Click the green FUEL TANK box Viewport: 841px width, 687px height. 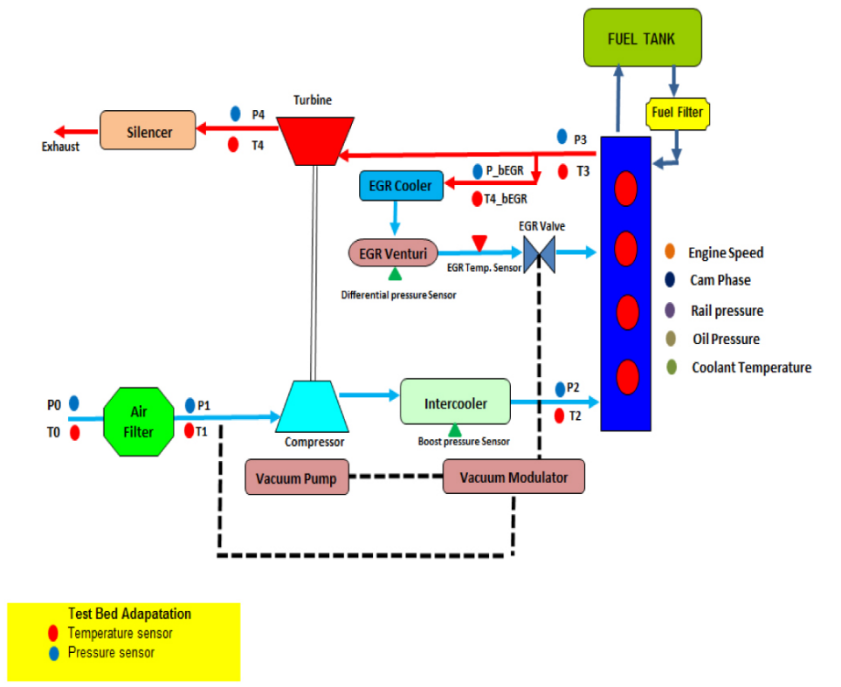[x=642, y=38]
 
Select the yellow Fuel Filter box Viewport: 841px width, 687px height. [x=676, y=112]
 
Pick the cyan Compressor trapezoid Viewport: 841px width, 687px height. [x=314, y=406]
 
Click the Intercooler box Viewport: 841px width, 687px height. [x=454, y=403]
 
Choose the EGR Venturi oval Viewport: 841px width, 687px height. [x=394, y=253]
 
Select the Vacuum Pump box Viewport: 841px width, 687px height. [x=296, y=477]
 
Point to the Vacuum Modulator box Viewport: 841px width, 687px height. [x=513, y=477]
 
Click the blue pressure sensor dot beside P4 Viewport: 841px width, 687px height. [x=235, y=113]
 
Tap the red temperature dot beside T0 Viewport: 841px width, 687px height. [x=74, y=433]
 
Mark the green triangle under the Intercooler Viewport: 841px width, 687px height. [x=454, y=429]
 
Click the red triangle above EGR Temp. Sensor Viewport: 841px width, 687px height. [x=479, y=241]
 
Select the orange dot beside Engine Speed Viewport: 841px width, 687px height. [x=669, y=252]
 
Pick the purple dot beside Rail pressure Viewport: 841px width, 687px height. [x=669, y=310]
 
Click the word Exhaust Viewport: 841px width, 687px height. [x=60, y=147]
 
